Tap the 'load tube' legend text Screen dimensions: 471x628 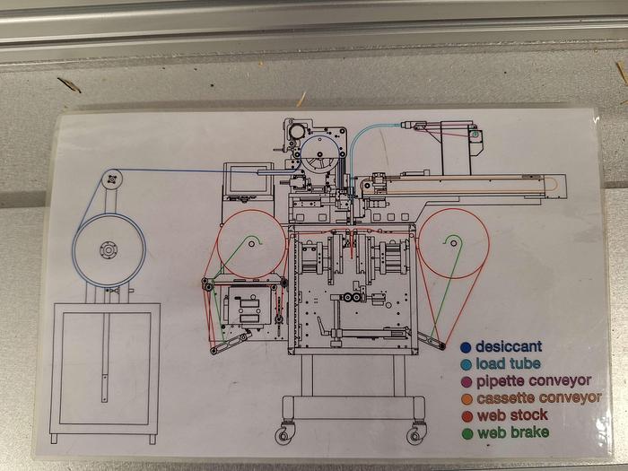[x=508, y=363]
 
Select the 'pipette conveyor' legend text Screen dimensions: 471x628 [x=533, y=380]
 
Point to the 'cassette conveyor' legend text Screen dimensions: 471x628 [x=538, y=397]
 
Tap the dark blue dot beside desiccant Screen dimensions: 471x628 [x=465, y=347]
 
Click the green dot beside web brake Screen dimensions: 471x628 [x=465, y=432]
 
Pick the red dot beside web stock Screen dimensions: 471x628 [x=465, y=414]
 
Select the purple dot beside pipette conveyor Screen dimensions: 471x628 [x=465, y=380]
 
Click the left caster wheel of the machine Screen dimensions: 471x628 [x=284, y=435]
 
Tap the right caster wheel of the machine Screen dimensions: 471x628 [x=415, y=435]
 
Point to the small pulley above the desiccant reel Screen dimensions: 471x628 [x=112, y=178]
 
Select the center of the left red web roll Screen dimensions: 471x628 [x=251, y=242]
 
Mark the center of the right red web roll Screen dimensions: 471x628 [x=454, y=241]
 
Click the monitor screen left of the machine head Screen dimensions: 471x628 [x=241, y=179]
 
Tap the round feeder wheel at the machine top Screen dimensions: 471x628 [x=320, y=156]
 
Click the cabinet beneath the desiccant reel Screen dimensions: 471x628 [x=106, y=368]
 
